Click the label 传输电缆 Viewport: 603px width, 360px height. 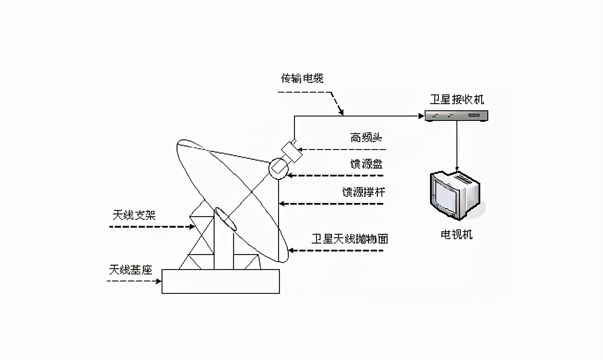point(302,79)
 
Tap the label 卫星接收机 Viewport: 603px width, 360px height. point(456,99)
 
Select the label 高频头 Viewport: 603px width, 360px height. point(366,138)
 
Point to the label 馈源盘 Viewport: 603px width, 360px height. point(366,164)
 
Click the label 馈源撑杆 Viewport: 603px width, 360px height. point(363,192)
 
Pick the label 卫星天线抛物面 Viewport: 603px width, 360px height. point(350,239)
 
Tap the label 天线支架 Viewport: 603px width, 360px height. point(134,215)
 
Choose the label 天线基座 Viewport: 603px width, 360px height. point(131,269)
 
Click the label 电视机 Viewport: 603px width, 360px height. point(456,234)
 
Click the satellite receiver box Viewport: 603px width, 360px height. point(456,116)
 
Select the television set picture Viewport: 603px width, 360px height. point(454,195)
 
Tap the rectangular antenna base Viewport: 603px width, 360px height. point(220,281)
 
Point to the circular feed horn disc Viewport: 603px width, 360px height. point(278,168)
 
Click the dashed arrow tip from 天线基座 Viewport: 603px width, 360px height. point(159,281)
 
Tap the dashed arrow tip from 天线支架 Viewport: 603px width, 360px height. point(193,227)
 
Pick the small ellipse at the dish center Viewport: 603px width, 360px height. point(225,219)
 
